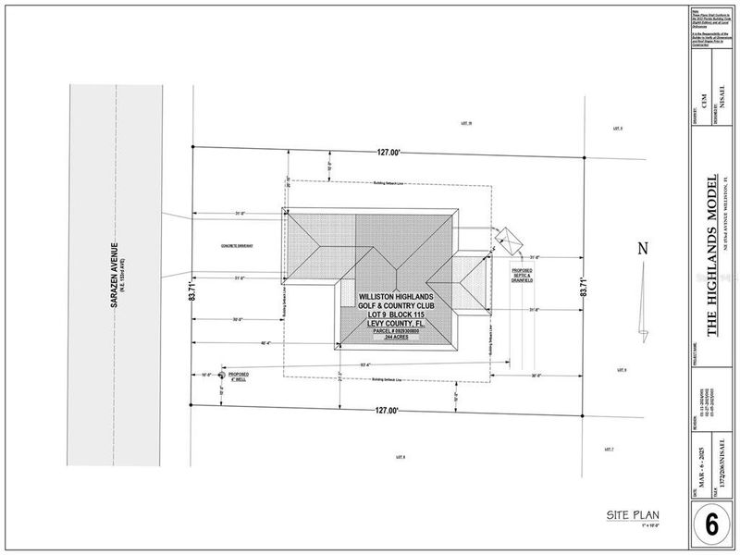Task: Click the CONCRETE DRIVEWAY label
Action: coord(238,245)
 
